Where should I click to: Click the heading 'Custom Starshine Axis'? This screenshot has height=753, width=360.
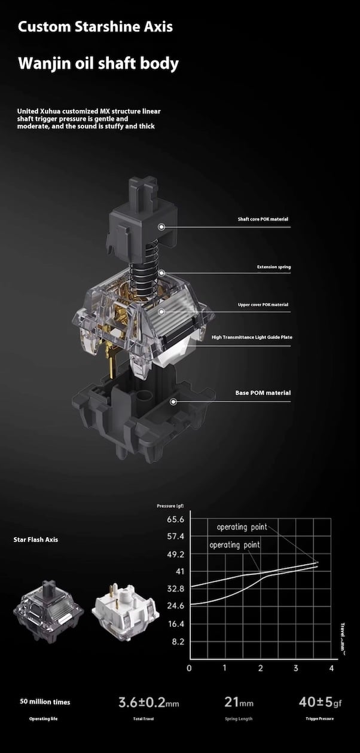click(x=95, y=26)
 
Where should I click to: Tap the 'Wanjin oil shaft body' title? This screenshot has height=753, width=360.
click(x=98, y=63)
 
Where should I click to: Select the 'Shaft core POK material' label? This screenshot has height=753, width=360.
click(x=263, y=219)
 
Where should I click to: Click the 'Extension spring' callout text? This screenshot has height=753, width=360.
click(x=274, y=267)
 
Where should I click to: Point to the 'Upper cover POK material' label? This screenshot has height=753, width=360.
click(x=263, y=305)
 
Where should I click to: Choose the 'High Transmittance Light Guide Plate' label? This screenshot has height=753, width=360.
click(x=252, y=337)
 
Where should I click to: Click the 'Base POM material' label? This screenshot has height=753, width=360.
click(x=263, y=393)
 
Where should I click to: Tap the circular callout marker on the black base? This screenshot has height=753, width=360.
click(x=173, y=402)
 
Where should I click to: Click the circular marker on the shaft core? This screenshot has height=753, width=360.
click(x=161, y=227)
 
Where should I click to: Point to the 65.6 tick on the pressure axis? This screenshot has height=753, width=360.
click(x=176, y=519)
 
